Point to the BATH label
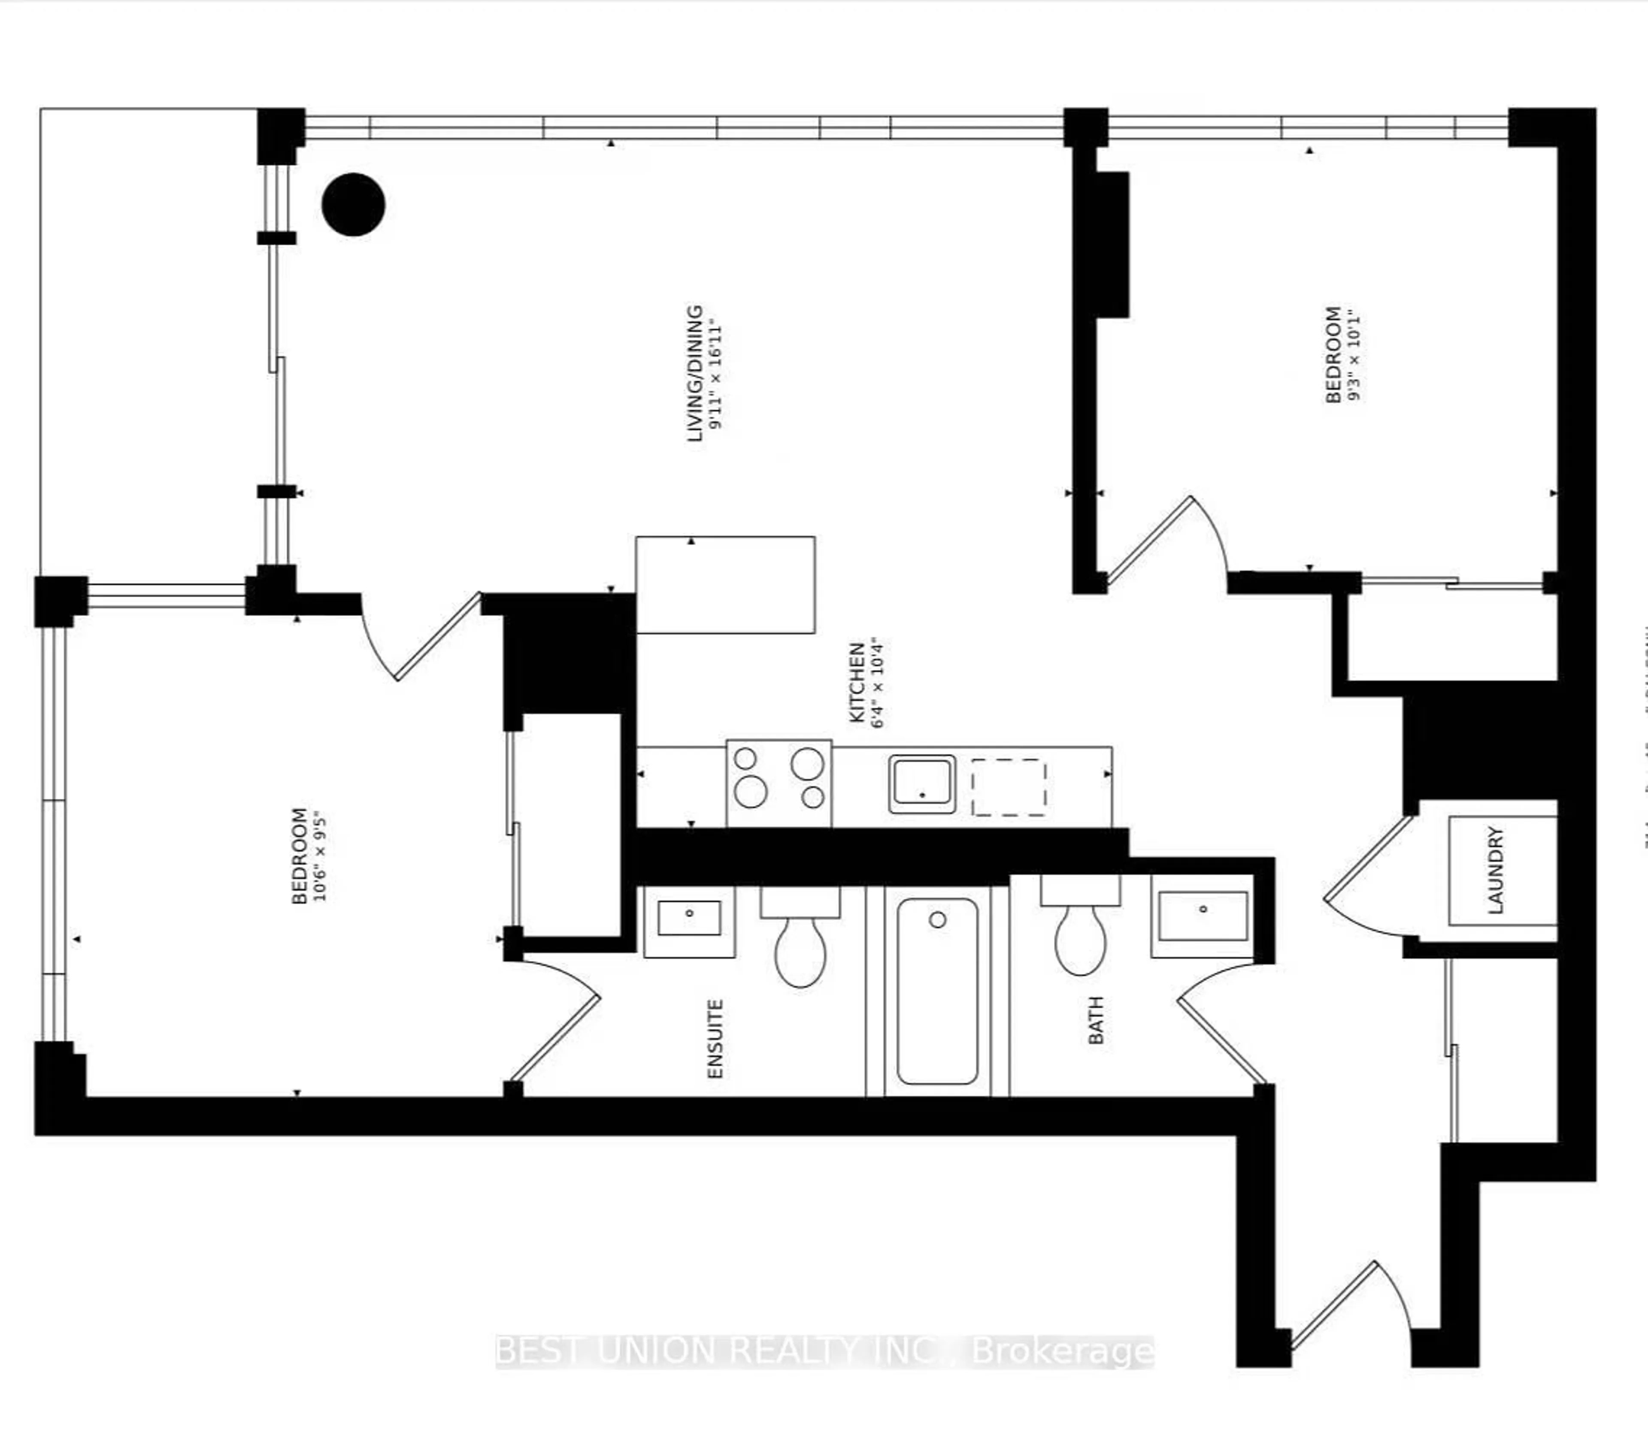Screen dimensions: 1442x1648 click(1096, 1020)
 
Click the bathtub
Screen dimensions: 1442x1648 click(937, 992)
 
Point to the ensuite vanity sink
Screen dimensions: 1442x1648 click(689, 920)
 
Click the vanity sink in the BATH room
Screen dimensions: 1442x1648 click(1202, 916)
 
